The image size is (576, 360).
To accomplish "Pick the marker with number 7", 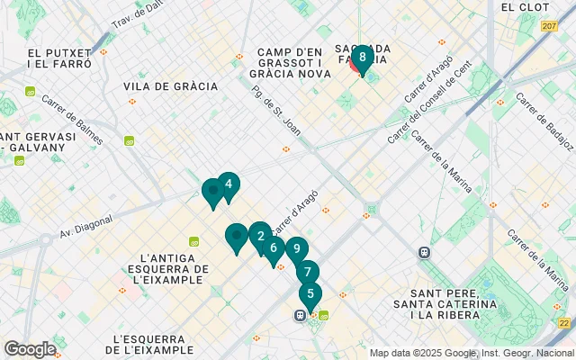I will coord(308,272).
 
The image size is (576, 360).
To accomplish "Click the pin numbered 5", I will coord(310,293).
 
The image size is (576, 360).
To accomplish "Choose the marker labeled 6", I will coord(274,248).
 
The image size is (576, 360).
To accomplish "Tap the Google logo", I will coord(30,349).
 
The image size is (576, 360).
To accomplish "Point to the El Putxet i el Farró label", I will coord(60,58).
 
